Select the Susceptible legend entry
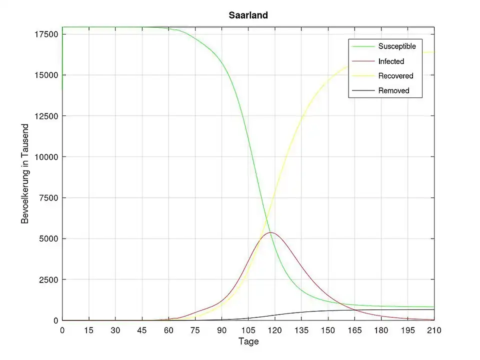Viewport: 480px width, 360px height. point(397,46)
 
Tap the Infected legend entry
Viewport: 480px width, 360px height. point(391,61)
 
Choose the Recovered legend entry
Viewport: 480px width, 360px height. point(395,76)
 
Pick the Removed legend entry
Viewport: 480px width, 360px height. point(393,90)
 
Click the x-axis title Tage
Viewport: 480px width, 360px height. point(248,341)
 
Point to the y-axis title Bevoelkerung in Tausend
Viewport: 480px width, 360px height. point(25,173)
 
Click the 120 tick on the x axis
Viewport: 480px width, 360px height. point(274,330)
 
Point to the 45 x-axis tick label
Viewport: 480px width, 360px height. point(142,330)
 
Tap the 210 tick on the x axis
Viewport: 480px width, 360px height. point(434,330)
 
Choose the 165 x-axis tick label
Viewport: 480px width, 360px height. point(354,330)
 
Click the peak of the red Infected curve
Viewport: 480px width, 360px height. point(270,232)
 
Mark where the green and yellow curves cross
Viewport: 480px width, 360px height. point(268,221)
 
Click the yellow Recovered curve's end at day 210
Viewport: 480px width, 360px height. point(433,52)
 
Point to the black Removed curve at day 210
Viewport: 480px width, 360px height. point(433,309)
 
